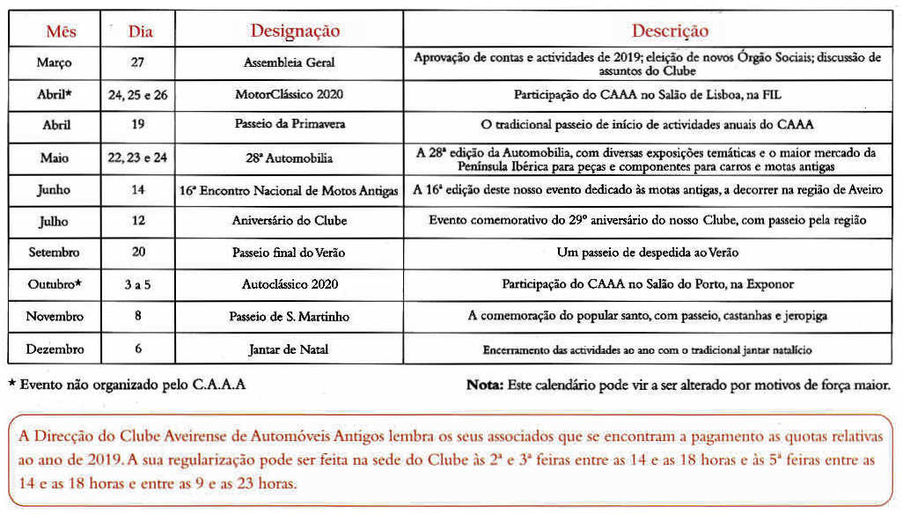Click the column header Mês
[x=61, y=32]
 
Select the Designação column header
[x=295, y=31]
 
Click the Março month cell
[x=55, y=63]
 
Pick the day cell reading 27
[x=138, y=63]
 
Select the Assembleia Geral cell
[x=289, y=63]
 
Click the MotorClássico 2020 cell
[x=289, y=94]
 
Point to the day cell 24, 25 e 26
[x=138, y=95]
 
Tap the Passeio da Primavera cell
[x=289, y=124]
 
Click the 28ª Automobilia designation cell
[x=289, y=158]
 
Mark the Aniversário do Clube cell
[x=289, y=221]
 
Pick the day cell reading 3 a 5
[x=138, y=284]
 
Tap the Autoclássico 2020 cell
[x=289, y=284]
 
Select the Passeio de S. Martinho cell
[x=289, y=316]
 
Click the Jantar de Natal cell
[x=289, y=349]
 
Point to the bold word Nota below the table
[x=485, y=385]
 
